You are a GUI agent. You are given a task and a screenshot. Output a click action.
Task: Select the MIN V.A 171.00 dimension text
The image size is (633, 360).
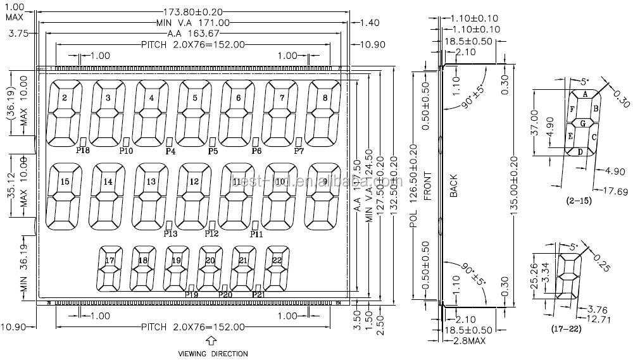pyautogui.click(x=194, y=23)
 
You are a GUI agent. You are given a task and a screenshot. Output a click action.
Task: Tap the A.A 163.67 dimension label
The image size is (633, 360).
pyautogui.click(x=193, y=34)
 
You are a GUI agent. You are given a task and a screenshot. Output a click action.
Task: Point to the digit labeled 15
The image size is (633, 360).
pyautogui.click(x=64, y=196)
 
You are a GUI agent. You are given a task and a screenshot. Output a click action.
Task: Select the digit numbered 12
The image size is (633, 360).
pyautogui.click(x=194, y=196)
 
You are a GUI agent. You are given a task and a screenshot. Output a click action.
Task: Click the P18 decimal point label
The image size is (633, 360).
pyautogui.click(x=83, y=151)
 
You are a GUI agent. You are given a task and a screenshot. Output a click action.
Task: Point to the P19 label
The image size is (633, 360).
pyautogui.click(x=192, y=294)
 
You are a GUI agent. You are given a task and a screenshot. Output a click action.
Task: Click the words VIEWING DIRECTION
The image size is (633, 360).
pyautogui.click(x=213, y=354)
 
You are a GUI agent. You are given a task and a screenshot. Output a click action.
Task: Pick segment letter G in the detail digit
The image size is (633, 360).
pyautogui.click(x=583, y=123)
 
